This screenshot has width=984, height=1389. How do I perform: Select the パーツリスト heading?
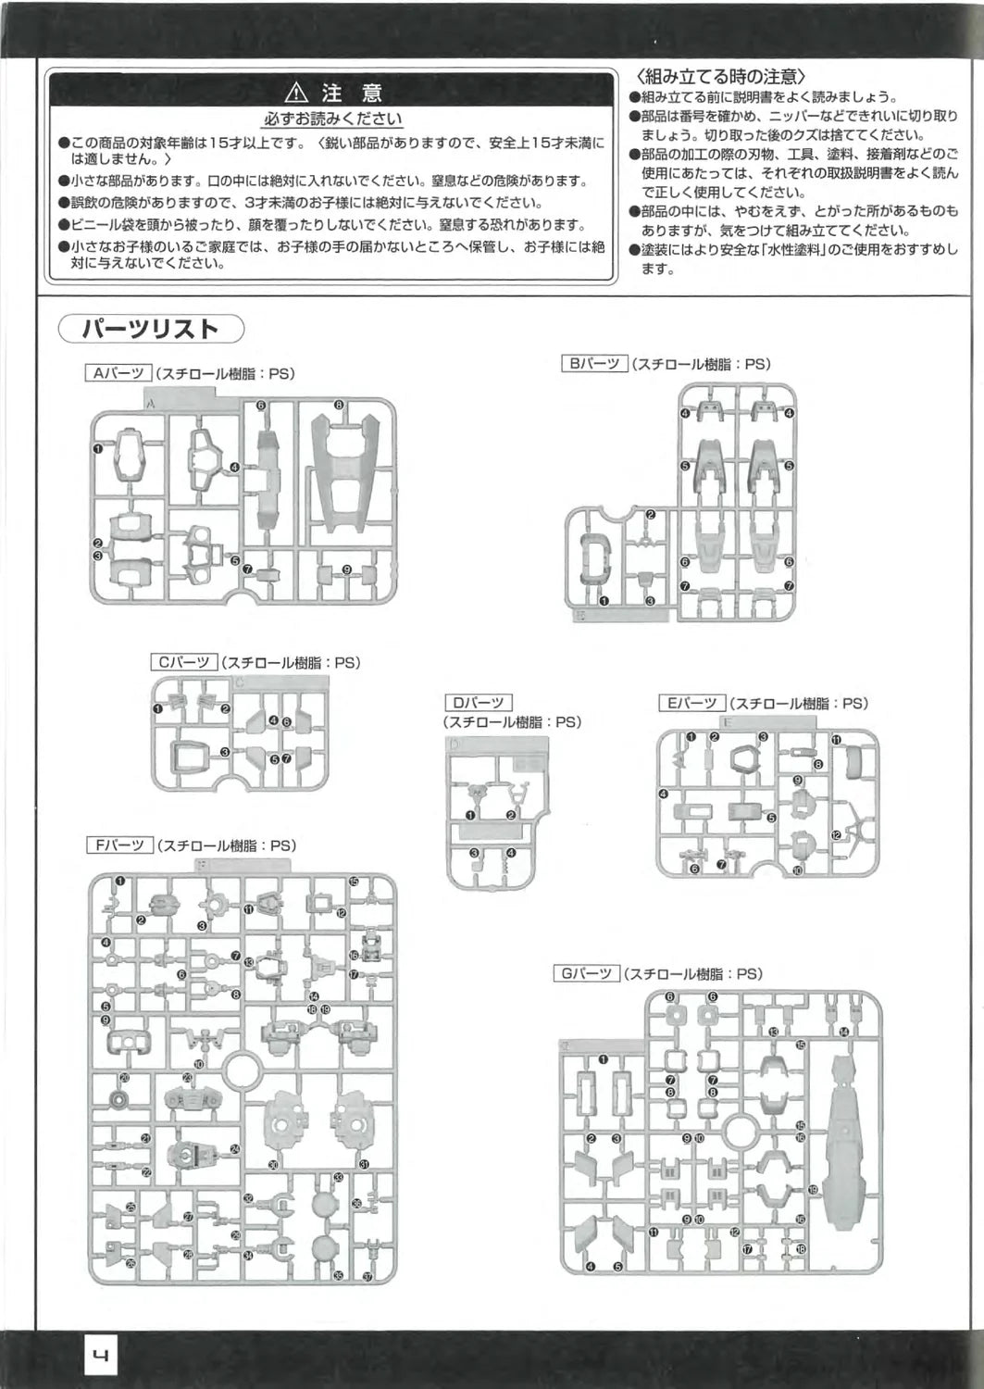151,329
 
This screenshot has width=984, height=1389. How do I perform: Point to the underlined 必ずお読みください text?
333,119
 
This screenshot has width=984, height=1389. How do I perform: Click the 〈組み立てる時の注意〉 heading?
721,76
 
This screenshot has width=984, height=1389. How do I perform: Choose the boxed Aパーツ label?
118,373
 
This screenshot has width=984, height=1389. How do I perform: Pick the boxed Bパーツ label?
595,364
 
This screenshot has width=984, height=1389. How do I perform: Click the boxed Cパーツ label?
183,662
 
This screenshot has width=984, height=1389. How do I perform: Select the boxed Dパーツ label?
479,702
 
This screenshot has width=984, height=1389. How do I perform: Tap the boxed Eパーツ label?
692,703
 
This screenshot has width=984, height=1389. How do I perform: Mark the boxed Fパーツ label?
119,845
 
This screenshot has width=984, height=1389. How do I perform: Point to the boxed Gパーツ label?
587,973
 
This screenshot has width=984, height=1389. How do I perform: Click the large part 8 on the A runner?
346,472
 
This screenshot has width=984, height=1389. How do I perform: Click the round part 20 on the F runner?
119,1100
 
